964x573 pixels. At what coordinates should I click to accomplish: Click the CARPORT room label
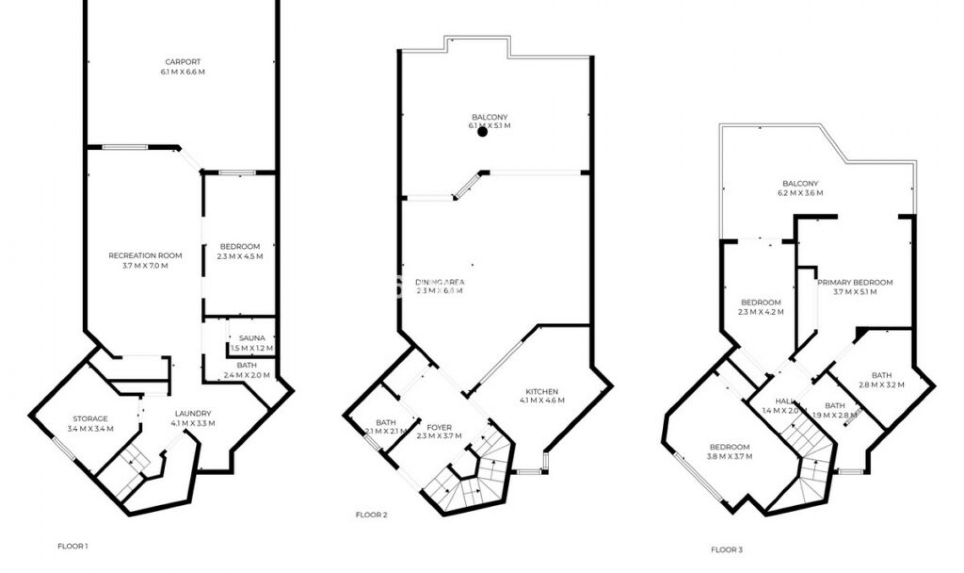coord(183,62)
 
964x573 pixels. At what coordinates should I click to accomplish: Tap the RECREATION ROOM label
coord(145,256)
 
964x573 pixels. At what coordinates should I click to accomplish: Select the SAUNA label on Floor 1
coord(252,338)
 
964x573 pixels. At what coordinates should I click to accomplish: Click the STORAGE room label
coord(90,419)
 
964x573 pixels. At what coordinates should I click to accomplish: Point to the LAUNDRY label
coord(193,414)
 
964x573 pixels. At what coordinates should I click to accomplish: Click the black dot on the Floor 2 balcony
coord(483,132)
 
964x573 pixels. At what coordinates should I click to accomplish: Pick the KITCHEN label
coord(542,392)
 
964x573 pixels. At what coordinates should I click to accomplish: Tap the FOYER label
coord(439,427)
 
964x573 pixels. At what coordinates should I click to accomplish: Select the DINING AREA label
coord(440,282)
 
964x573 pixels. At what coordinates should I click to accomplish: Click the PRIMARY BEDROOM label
coord(855,282)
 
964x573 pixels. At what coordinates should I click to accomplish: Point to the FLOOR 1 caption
coord(73,546)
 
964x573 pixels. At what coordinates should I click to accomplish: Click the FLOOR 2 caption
coord(372,515)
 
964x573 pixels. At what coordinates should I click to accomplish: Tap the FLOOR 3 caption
coord(727,550)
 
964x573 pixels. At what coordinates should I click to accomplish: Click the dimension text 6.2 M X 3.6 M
coord(800,193)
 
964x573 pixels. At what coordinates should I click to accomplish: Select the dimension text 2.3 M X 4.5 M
coord(240,256)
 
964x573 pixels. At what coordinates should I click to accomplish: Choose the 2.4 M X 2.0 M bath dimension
coord(247,375)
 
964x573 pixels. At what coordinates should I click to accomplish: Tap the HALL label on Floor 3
coord(784,401)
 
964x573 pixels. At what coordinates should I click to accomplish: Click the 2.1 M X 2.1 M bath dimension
coord(386,431)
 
